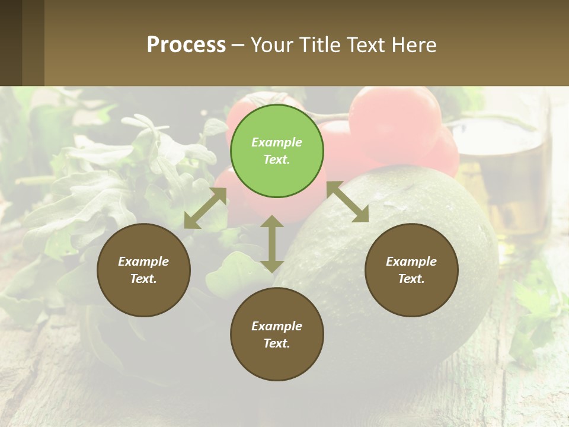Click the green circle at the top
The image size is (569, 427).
coord(277,151)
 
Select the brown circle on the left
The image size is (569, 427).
coord(143,270)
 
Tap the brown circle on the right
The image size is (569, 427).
coord(411,270)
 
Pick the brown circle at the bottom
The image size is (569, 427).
coord(277,334)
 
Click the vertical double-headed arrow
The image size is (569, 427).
coord(272,244)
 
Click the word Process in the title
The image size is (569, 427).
coord(186,45)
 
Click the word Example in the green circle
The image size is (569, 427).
coord(277,142)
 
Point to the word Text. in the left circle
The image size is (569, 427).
coord(143,279)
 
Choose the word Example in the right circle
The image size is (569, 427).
coord(411,262)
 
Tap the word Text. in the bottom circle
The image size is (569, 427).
coord(277,343)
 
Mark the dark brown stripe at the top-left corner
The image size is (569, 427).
coord(11,43)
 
